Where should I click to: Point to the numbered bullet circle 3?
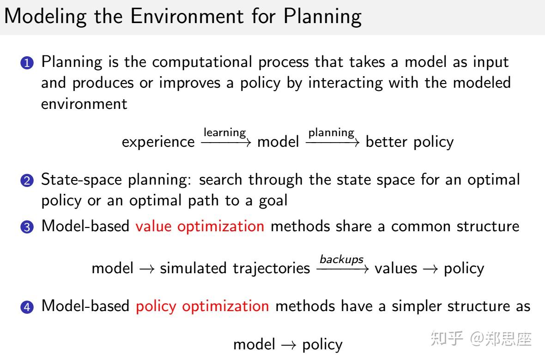click(x=29, y=227)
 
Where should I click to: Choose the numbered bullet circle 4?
click(x=29, y=307)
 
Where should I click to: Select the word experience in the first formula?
click(x=158, y=142)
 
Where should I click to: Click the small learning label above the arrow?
click(x=225, y=132)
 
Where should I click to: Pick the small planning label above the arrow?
click(x=331, y=132)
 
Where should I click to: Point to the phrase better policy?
click(x=410, y=142)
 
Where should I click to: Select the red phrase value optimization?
click(x=200, y=226)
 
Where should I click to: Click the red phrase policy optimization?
click(x=202, y=306)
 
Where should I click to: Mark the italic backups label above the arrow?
click(x=342, y=259)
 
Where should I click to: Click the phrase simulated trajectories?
click(x=235, y=268)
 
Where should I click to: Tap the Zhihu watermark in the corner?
click(x=481, y=339)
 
